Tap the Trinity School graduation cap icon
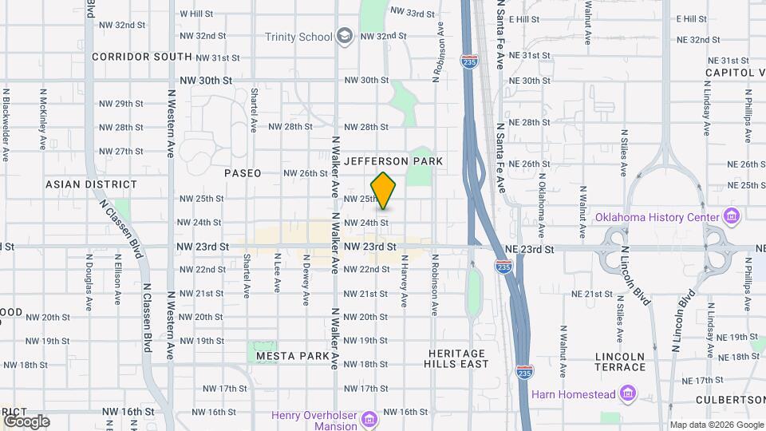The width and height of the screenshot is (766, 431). point(344,35)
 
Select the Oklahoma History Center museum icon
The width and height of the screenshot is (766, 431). point(731,215)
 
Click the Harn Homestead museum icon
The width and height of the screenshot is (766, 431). point(628,393)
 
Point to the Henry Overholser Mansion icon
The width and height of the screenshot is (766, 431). point(369,419)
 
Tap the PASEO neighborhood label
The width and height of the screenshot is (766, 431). point(243,173)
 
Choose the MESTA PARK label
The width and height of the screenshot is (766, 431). point(287,356)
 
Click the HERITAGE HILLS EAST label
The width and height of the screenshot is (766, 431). point(457,358)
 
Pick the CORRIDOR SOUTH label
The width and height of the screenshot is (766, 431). point(142,57)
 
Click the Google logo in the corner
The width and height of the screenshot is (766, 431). point(26,421)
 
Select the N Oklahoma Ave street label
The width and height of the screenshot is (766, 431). point(541,204)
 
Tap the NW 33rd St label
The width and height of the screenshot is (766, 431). point(413,13)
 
